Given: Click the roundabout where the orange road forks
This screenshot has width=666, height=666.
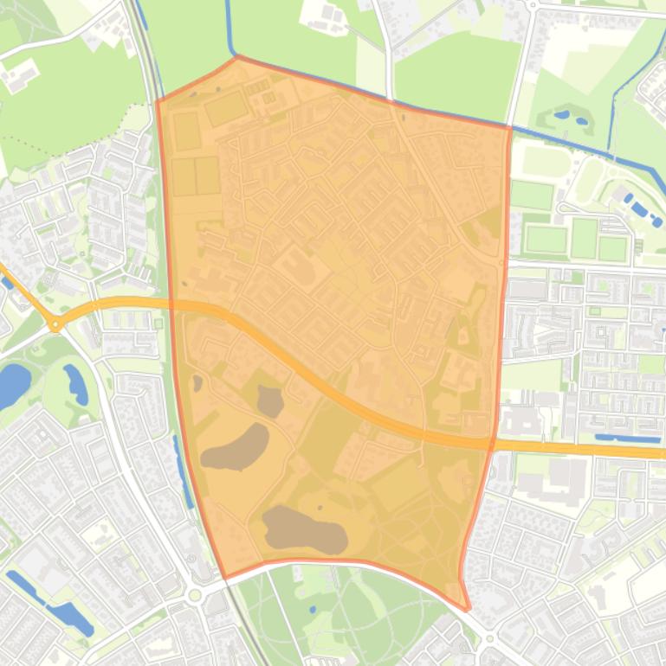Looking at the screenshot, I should tap(56, 325).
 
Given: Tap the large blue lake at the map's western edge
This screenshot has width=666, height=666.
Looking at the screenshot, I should tap(12, 385).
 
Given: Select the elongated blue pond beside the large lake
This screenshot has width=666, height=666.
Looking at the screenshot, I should tap(75, 384).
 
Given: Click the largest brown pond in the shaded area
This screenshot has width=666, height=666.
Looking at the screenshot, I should tap(304, 529).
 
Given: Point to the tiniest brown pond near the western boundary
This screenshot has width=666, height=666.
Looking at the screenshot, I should tap(197, 382).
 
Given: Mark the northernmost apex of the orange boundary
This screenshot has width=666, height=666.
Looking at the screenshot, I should tap(236, 57).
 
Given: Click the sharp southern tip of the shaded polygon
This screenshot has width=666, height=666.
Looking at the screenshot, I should tap(467, 609).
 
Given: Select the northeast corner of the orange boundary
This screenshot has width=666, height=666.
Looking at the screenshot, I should tap(509, 127).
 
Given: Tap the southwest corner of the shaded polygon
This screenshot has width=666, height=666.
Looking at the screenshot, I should tap(225, 578).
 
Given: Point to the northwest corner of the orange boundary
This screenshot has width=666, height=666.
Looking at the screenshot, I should tap(157, 101).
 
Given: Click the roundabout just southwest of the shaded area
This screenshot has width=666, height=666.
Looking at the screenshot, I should tap(195, 595).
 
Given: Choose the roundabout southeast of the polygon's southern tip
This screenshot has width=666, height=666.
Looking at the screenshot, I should tap(490, 639).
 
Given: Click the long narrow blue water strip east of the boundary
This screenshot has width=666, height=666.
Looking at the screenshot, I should tap(627, 439).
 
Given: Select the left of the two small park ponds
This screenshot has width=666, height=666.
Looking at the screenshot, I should tap(561, 113).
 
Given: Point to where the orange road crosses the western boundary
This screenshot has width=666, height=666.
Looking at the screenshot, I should tap(171, 304).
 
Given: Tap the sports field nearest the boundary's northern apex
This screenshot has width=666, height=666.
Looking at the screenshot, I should tap(226, 108).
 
